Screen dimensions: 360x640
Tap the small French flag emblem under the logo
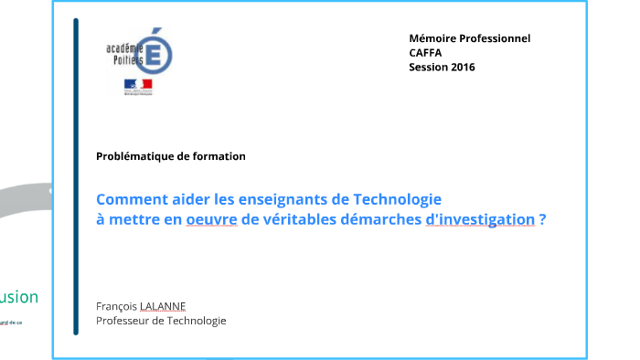tap(138, 85)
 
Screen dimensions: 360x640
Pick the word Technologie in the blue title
tap(399, 199)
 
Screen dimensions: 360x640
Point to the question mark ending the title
tap(543, 219)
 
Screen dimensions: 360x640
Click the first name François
tap(116, 305)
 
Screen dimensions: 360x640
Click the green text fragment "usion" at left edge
tap(19, 297)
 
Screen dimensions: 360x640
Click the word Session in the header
tap(428, 67)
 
